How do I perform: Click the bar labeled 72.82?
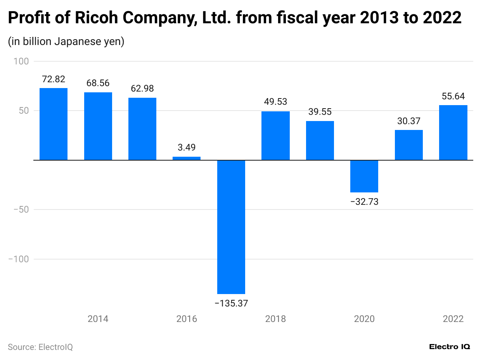click(54, 124)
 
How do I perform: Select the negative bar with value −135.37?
click(231, 227)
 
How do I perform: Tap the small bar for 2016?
click(187, 158)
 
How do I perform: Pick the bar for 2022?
click(453, 133)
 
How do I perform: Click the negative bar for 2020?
click(364, 176)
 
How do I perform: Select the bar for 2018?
click(275, 136)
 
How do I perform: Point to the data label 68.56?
click(98, 83)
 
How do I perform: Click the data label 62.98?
click(142, 88)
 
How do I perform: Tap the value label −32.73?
click(364, 202)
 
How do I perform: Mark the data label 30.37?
click(409, 121)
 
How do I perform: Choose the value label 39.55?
click(320, 112)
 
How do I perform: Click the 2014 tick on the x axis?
click(98, 319)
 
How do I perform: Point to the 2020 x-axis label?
click(364, 319)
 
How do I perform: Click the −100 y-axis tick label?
click(19, 259)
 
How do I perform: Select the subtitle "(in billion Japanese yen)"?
click(66, 42)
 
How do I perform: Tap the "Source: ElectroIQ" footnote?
click(40, 347)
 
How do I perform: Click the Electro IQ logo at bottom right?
click(450, 347)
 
